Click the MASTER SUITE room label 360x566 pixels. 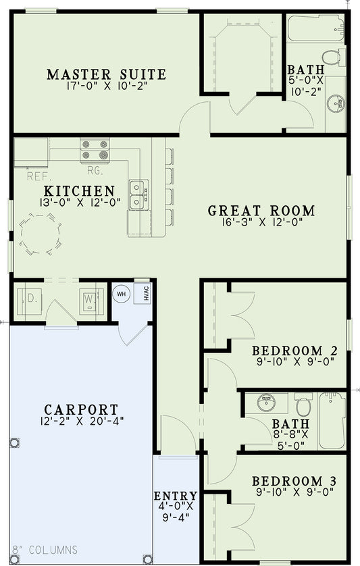coord(106,74)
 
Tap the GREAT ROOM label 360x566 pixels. coord(261,211)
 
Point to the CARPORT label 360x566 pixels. coord(81,409)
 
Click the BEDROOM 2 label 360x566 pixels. coord(294,351)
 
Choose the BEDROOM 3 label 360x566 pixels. coord(294,481)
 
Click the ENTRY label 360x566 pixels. coord(176,496)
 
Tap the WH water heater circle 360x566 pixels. coord(122,294)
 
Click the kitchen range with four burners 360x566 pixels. coord(93,150)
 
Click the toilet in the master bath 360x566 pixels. coord(332,57)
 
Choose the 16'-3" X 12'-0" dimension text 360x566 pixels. coord(261,223)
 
